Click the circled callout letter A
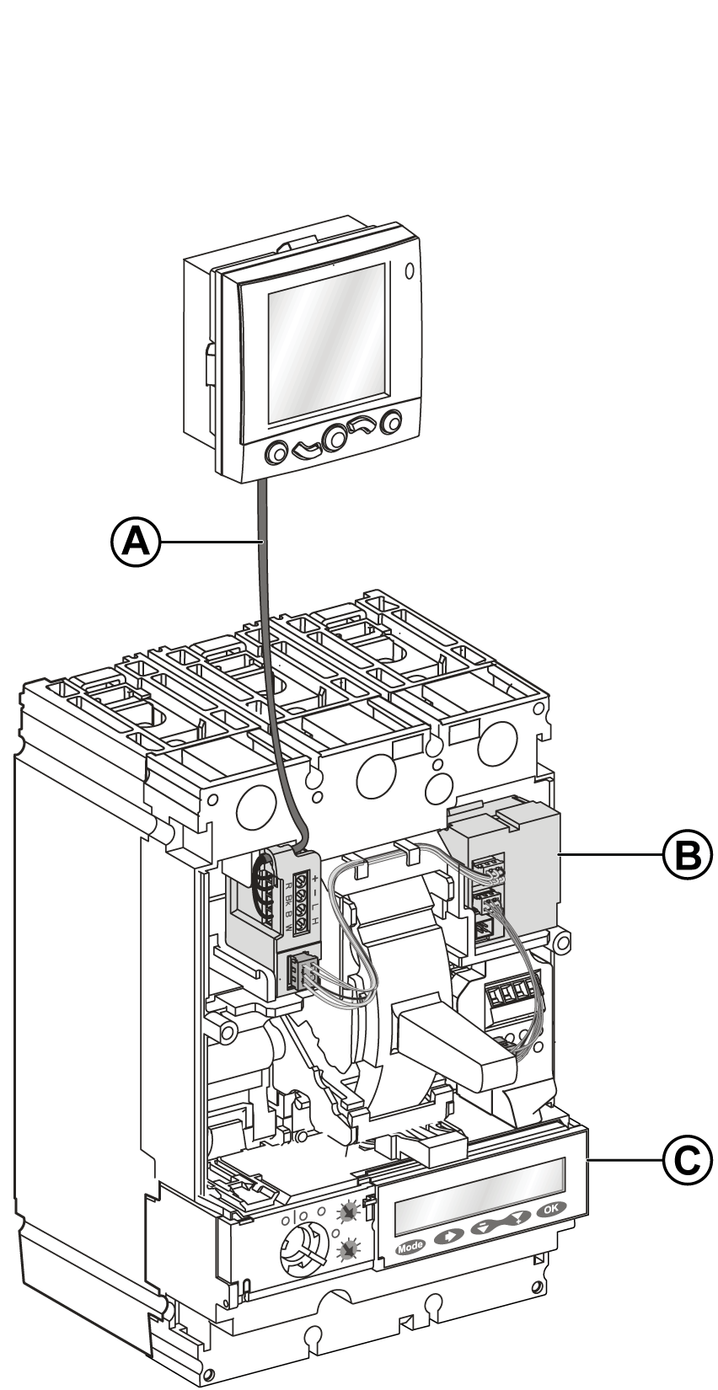[x=135, y=542]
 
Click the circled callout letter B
[x=686, y=854]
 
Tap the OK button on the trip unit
[x=550, y=1209]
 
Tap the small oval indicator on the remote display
[x=410, y=272]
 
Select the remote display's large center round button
[x=335, y=438]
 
